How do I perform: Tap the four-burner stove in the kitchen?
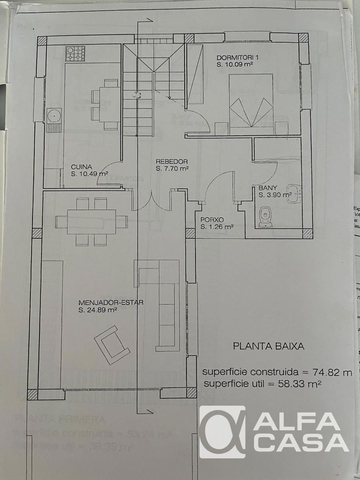pos(75,53)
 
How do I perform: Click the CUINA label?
pos(82,167)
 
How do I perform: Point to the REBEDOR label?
pos(172,162)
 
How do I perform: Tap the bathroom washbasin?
pos(294,193)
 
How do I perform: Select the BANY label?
pos(268,188)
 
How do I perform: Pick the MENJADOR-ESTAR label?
pos(111,302)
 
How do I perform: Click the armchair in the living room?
pos(112,344)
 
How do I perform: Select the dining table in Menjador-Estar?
pos(92,221)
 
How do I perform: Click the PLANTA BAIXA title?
pos(268,346)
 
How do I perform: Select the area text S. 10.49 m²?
pos(90,174)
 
